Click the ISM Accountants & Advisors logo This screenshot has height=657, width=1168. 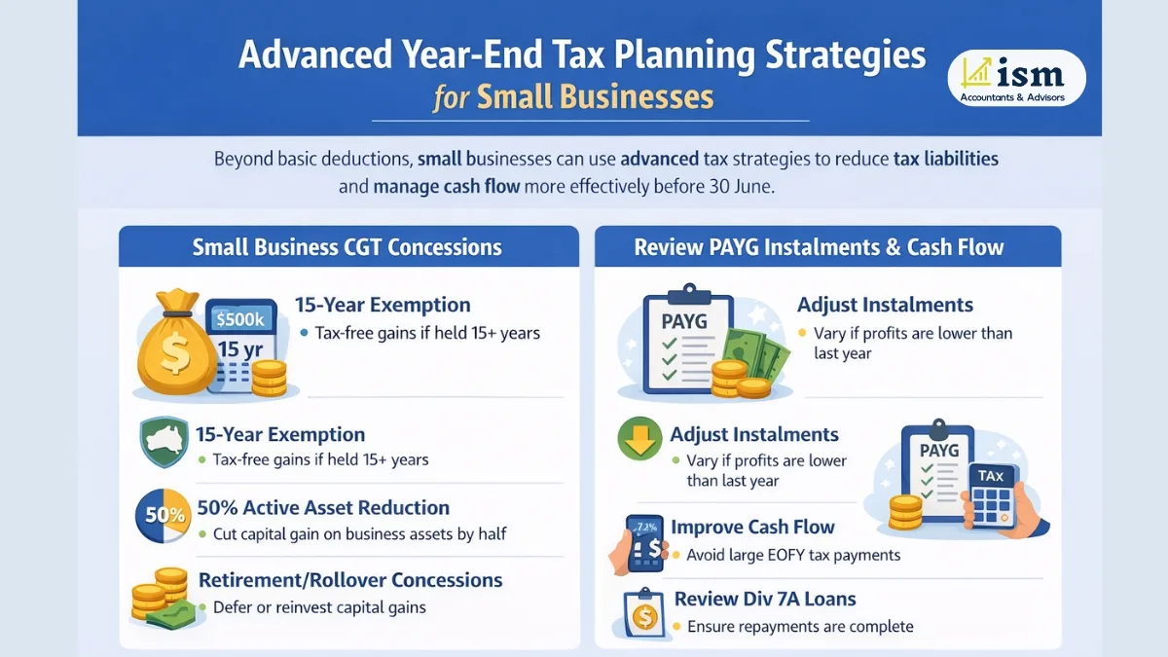point(1017,78)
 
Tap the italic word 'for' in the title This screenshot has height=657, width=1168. point(452,98)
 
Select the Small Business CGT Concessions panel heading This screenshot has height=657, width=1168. point(347,247)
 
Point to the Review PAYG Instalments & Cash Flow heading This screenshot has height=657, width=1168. point(819,247)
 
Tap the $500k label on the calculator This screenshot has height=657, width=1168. point(238,318)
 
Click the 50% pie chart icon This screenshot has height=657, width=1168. point(161,516)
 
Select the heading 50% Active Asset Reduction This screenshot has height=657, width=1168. point(323,507)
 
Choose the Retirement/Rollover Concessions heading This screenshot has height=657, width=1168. point(350,580)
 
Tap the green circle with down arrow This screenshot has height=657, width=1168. point(639,440)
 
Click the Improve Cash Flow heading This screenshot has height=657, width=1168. point(752,528)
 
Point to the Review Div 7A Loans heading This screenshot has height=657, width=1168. point(765,599)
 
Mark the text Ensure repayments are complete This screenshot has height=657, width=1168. point(800,627)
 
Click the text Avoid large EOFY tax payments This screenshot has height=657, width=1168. point(793,555)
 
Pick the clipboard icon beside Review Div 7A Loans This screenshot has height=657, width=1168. point(642,611)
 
